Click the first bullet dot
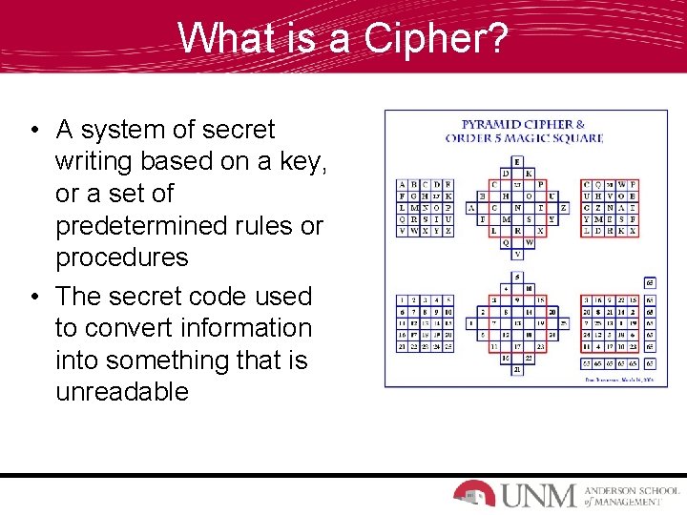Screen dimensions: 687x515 tap(33, 130)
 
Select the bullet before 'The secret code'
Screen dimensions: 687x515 tap(33, 297)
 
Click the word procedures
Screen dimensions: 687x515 tap(122, 257)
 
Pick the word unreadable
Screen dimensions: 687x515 tap(122, 392)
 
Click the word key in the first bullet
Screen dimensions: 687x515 tap(307, 162)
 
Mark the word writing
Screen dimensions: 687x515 tap(103, 162)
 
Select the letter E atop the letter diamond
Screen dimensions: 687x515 tap(517, 161)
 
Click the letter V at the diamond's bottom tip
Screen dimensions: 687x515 tap(517, 255)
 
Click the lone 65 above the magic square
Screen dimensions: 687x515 tap(650, 283)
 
